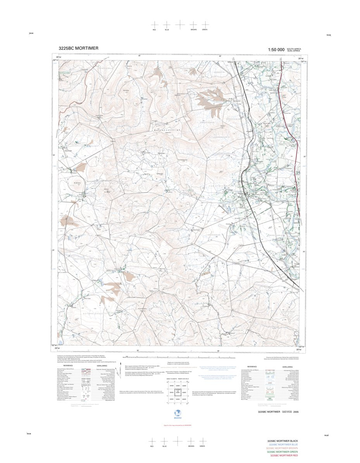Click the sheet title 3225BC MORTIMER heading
[x=78, y=48]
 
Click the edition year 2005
[x=296, y=412]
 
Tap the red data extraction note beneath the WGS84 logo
[x=177, y=425]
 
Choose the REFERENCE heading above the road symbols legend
[x=68, y=366]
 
